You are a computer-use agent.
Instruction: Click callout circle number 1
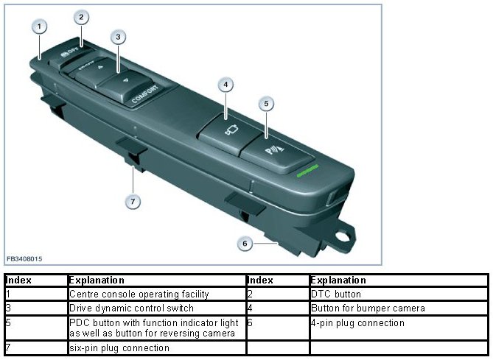coord(39,27)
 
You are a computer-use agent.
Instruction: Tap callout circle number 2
coord(81,16)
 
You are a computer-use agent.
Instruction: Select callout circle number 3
coord(119,36)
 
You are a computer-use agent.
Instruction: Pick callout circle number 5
coord(267,104)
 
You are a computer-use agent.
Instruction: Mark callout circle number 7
coord(133,201)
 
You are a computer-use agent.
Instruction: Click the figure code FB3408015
coord(25,259)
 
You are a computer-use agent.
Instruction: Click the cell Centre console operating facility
coord(139,294)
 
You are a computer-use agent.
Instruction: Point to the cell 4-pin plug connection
coord(357,322)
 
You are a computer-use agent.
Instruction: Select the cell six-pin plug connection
coord(119,347)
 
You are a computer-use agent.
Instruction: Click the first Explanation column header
coord(97,280)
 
